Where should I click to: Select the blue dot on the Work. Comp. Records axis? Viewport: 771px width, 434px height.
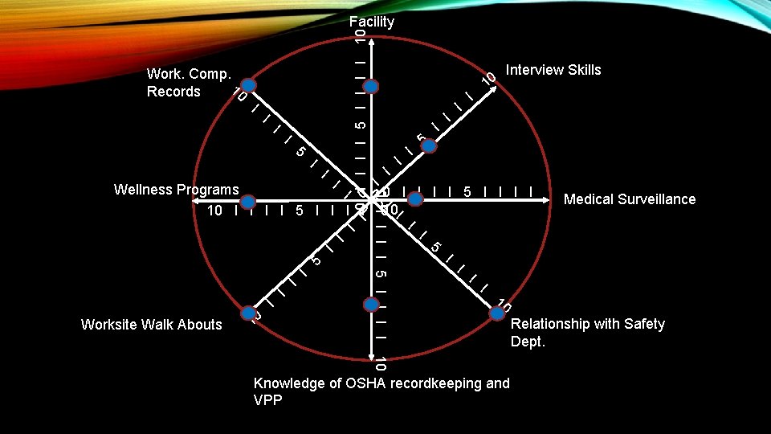250,85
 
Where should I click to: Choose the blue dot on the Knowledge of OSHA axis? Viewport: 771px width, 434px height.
370,305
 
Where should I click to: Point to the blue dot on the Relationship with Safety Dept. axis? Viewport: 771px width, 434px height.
492,306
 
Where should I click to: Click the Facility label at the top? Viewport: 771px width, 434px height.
372,22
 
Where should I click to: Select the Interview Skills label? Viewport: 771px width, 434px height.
553,70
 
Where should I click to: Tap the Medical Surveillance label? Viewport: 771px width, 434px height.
630,199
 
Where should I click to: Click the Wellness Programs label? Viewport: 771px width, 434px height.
177,190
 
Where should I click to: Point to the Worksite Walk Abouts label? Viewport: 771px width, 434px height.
152,325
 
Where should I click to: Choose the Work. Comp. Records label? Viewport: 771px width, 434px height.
189,83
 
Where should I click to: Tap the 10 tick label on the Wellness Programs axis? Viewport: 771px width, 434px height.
214,211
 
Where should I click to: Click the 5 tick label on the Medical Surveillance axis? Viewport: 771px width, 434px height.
467,193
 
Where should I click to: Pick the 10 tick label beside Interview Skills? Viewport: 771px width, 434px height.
487,79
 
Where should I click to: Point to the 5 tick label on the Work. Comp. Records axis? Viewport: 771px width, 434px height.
300,151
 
